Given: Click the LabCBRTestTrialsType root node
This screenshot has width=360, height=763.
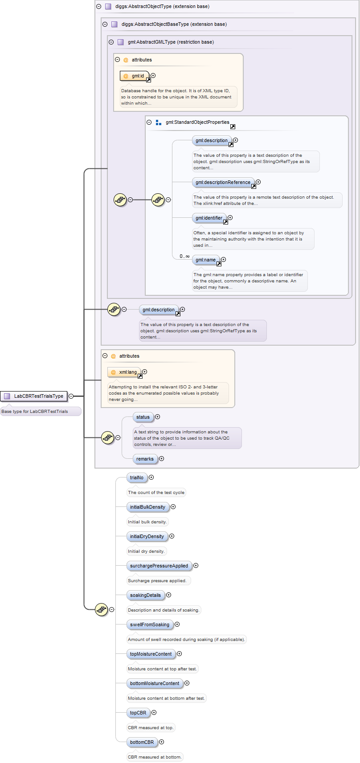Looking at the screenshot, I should pos(34,396).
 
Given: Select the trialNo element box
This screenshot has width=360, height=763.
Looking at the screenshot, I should pos(137,477).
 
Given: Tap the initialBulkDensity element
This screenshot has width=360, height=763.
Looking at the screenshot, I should pos(147,507).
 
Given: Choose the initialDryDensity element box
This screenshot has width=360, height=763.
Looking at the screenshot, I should pos(147,536).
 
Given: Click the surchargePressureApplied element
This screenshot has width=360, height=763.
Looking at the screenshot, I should pos(159,566).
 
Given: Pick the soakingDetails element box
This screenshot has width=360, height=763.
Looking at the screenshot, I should pos(145,595).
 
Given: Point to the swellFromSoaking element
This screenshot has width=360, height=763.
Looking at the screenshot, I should pos(150,624).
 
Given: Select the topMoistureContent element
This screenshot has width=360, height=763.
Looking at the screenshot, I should pos(151,654).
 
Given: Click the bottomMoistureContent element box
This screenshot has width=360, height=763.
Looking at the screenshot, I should pos(155,683).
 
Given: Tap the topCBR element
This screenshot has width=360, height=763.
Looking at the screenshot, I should pos(138,713).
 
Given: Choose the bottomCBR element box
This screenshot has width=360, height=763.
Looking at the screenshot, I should pos(142,742).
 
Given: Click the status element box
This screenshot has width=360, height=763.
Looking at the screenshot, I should pos(143,417).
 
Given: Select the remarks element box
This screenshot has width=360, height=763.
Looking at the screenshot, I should pos(145,459).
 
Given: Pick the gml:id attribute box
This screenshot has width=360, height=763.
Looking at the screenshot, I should pos(135,76).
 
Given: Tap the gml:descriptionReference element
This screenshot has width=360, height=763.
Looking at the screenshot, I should pos(223,182).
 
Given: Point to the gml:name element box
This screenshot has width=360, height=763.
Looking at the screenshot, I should pos(205,260).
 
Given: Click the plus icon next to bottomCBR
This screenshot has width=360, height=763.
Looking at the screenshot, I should pos(162,742).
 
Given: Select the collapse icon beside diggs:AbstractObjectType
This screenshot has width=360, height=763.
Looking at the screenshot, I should pos(99,7).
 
